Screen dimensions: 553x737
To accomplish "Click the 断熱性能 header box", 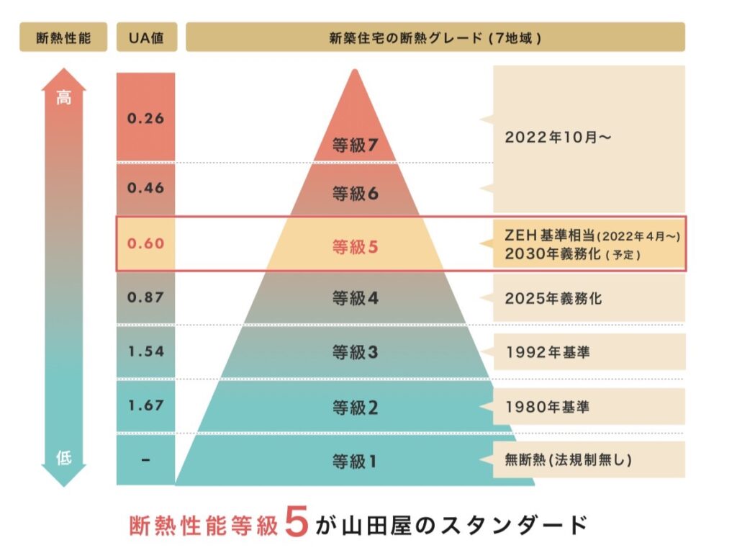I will (63, 37).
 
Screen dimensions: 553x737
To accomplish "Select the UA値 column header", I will (146, 37).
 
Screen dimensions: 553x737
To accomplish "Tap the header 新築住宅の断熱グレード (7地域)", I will (435, 37).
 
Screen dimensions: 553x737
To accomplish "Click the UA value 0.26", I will (146, 119).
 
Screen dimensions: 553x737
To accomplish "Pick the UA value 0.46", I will (146, 188).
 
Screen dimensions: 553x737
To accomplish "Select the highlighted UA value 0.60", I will (146, 243).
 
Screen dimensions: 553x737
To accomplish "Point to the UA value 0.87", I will (146, 297).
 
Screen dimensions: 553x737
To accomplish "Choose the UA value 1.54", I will (146, 351).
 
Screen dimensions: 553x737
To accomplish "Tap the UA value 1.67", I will (146, 405).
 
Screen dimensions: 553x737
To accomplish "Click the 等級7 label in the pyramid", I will (355, 147).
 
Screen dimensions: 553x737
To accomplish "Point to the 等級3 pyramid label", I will (355, 352).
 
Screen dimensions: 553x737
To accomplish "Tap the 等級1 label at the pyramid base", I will (355, 462).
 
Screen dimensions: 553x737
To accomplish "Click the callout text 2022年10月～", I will (559, 138).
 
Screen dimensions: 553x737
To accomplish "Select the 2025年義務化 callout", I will (553, 297).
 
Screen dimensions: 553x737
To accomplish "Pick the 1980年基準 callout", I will (547, 407).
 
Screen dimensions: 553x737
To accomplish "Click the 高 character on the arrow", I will (64, 99).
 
